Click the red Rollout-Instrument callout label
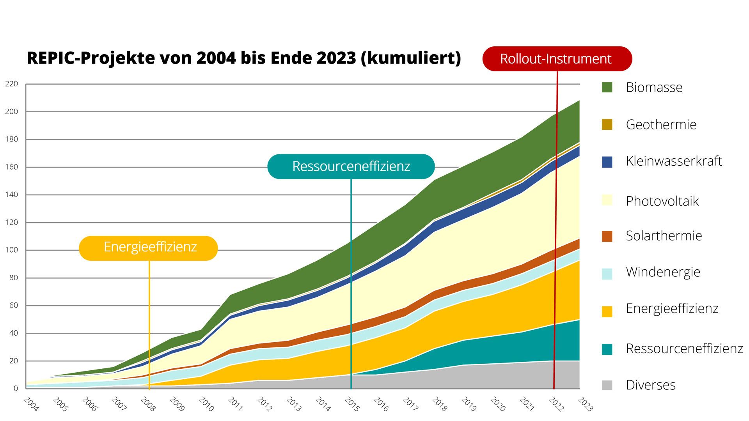[x=557, y=59]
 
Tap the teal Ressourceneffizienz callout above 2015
[x=351, y=166]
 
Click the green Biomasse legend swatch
[x=607, y=87]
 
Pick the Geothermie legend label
[x=661, y=125]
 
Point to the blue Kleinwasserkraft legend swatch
[x=607, y=162]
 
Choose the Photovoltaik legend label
[x=662, y=201]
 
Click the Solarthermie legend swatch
[x=607, y=236]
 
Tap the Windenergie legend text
[x=663, y=272]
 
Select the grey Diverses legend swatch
[x=607, y=385]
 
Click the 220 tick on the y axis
[x=12, y=84]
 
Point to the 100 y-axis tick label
[x=12, y=250]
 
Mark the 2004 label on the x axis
[x=31, y=404]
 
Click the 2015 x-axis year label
[x=352, y=404]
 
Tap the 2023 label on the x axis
[x=585, y=404]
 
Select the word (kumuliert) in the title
[x=411, y=58]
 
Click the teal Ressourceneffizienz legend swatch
[x=607, y=349]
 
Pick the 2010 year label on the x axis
[x=206, y=404]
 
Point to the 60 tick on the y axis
[x=14, y=305]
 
